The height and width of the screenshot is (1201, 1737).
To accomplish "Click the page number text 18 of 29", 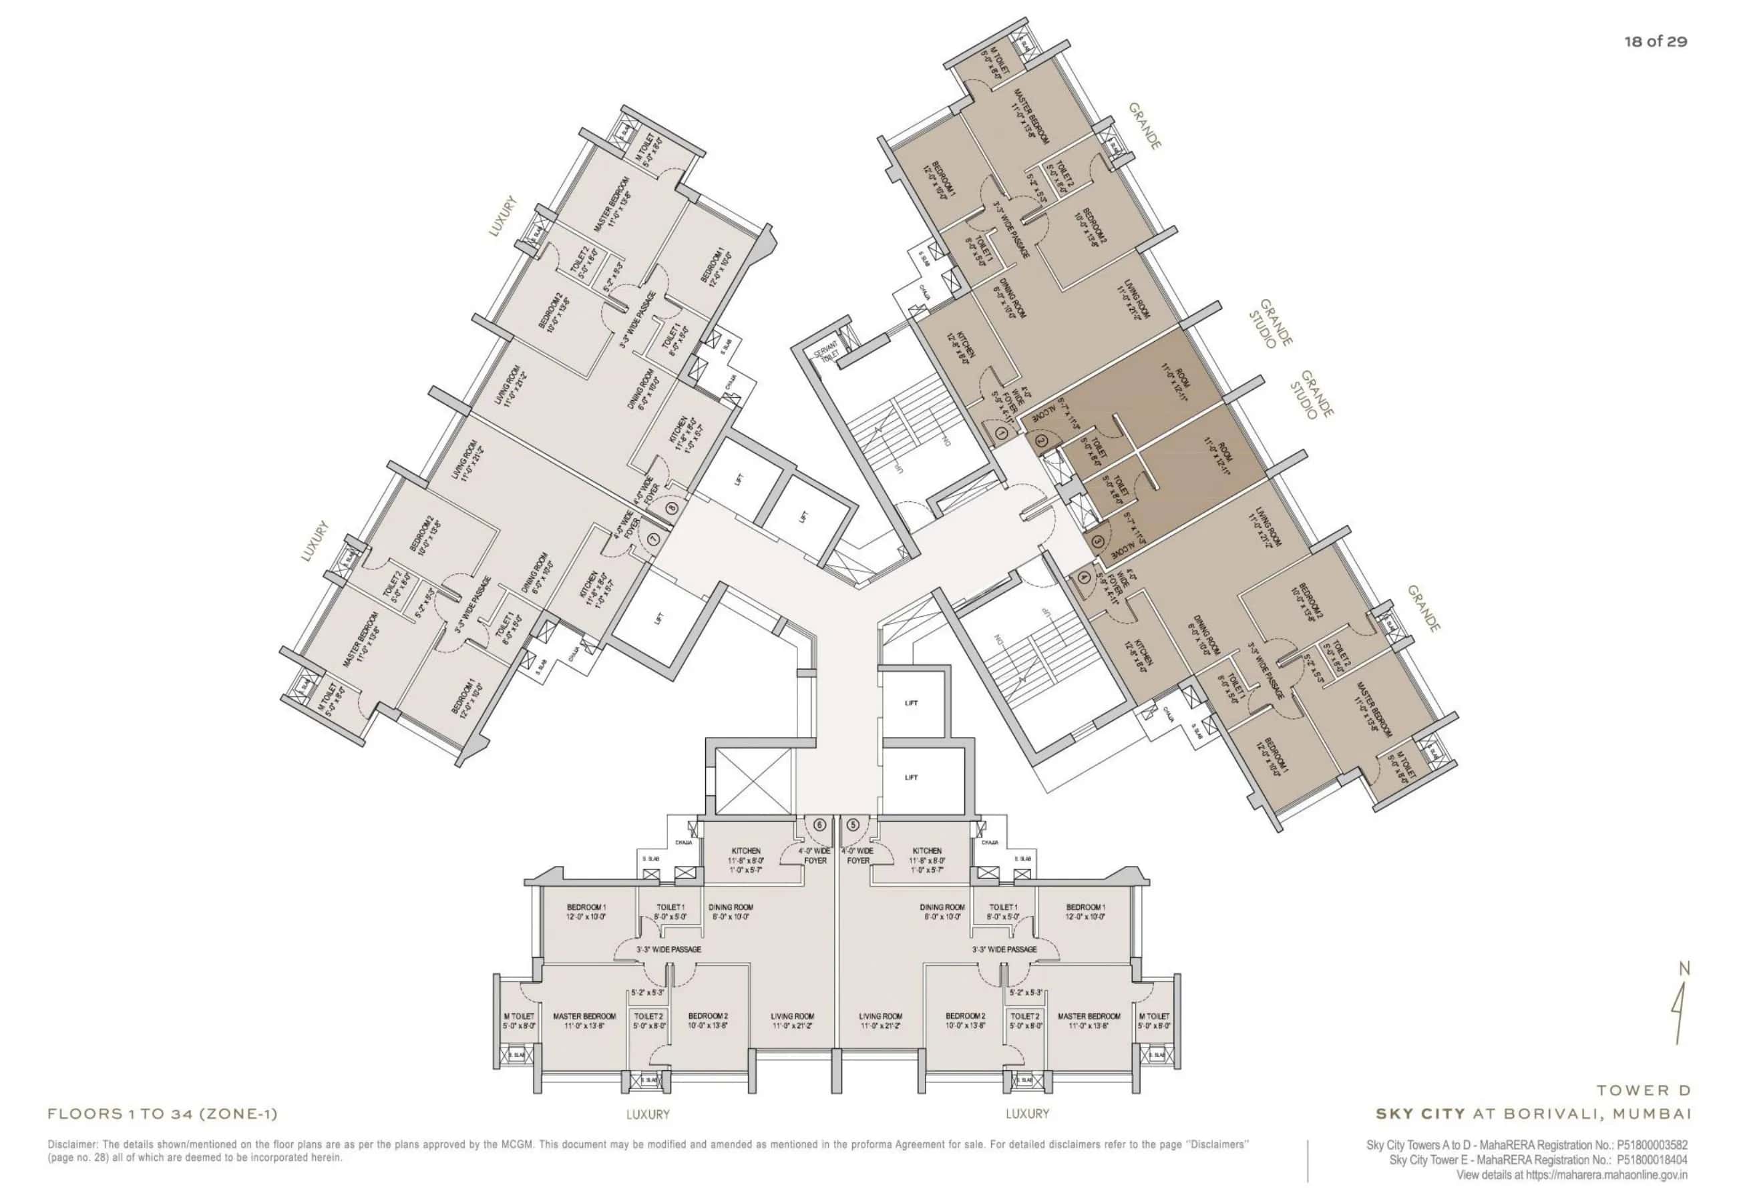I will pyautogui.click(x=1655, y=41).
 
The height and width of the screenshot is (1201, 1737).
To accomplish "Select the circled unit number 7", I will pyautogui.click(x=653, y=539).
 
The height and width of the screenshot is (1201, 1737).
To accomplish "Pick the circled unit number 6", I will pyautogui.click(x=819, y=824).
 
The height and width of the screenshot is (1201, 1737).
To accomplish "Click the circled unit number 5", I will pyautogui.click(x=853, y=824).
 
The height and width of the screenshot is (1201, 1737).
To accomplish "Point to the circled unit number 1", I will pyautogui.click(x=1001, y=433).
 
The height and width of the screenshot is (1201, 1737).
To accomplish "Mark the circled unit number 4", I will pyautogui.click(x=1083, y=578).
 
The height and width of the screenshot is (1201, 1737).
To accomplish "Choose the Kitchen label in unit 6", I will pyautogui.click(x=745, y=851).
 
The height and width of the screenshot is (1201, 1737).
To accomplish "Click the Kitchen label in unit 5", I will pyautogui.click(x=926, y=851).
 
